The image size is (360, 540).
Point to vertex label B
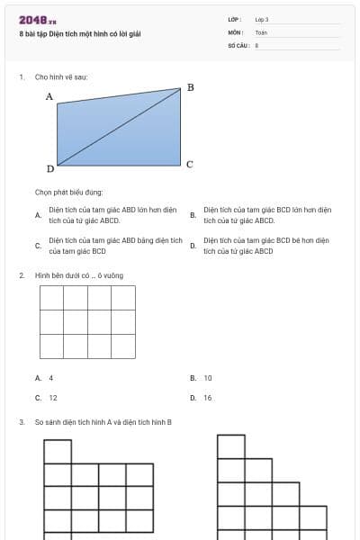pos(190,87)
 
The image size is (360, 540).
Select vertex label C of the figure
pos(189,165)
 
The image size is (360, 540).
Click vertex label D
pos(49,168)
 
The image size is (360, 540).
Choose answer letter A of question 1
pos(38,215)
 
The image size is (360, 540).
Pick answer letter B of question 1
pos(193,215)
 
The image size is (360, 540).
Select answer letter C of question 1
pos(38,246)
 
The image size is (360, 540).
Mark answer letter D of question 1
pos(193,246)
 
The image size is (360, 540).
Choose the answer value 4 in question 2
pos(51,378)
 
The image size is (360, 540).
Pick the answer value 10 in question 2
pos(208,378)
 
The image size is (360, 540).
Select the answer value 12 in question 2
pos(53,397)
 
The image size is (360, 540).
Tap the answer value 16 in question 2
pos(208,397)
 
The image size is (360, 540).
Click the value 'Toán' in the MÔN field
pos(261,31)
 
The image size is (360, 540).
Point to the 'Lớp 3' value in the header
pos(262,19)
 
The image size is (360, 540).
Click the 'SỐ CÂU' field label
pos(238,43)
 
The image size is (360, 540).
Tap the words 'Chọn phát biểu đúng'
pos(69,192)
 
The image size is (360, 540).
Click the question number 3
pos(21,421)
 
